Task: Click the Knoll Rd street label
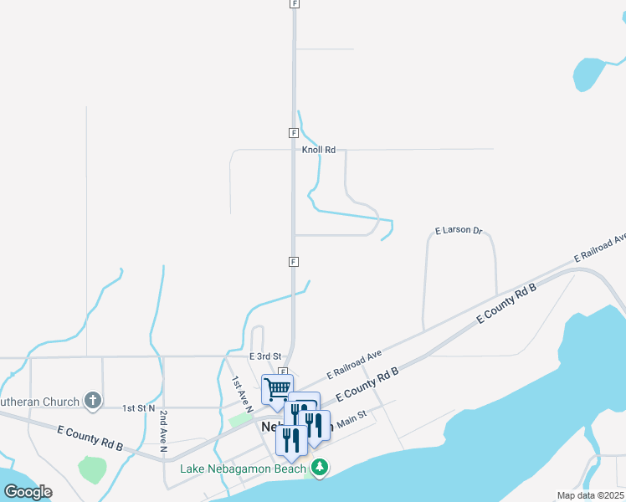(319, 150)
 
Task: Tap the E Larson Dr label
(459, 230)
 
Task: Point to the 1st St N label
(139, 407)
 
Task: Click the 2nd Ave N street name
(164, 429)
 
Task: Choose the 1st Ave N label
(242, 393)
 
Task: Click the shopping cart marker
(277, 389)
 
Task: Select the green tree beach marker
(318, 467)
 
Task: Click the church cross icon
(93, 402)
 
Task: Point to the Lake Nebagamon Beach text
(244, 468)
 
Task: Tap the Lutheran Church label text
(39, 402)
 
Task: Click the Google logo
(28, 491)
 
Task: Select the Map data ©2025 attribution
(590, 495)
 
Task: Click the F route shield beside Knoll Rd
(294, 133)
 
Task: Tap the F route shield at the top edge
(294, 4)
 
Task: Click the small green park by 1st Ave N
(240, 420)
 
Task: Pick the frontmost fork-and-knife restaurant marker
(291, 440)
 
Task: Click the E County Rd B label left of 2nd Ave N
(90, 438)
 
